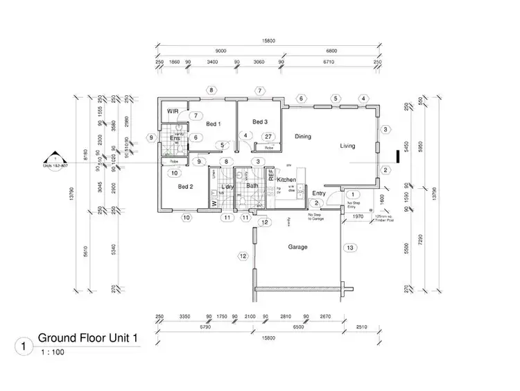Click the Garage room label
[x=298, y=247]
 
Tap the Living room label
[x=348, y=146]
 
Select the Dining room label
[x=303, y=137]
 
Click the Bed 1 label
[x=214, y=124]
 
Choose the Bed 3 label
[x=260, y=122]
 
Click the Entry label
[x=319, y=193]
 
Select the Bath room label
[x=252, y=185]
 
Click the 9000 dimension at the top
[x=221, y=51]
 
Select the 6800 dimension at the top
[x=331, y=51]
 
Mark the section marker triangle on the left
[x=50, y=158]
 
